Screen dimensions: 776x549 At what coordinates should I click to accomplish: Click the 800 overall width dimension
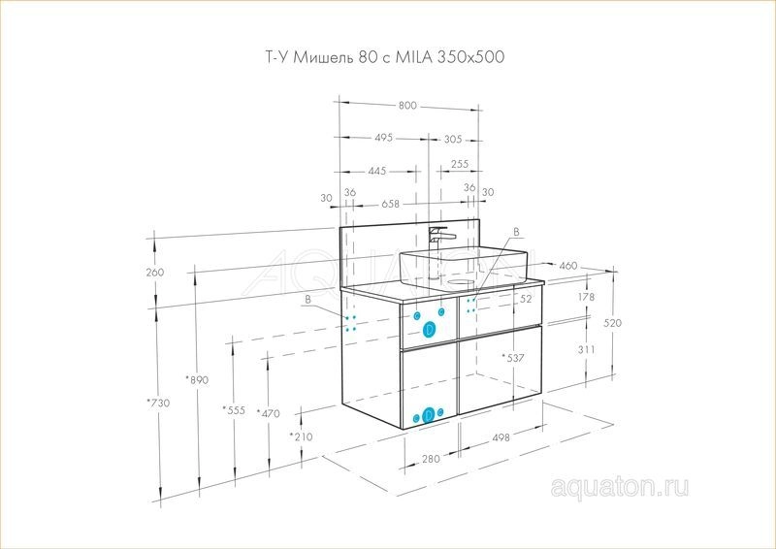(407, 106)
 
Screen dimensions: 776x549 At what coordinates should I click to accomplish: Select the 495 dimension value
(382, 137)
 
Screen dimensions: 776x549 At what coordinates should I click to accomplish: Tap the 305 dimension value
(452, 139)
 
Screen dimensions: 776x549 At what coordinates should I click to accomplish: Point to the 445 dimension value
(376, 172)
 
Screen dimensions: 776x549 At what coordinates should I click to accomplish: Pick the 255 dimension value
(459, 164)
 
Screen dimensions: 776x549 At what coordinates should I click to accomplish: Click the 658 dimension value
(390, 204)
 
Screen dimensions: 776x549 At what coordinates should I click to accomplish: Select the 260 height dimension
(155, 272)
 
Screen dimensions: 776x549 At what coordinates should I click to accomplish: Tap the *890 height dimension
(197, 379)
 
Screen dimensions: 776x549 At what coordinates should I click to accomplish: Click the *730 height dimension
(158, 403)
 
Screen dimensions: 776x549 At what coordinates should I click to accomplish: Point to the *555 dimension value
(234, 410)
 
